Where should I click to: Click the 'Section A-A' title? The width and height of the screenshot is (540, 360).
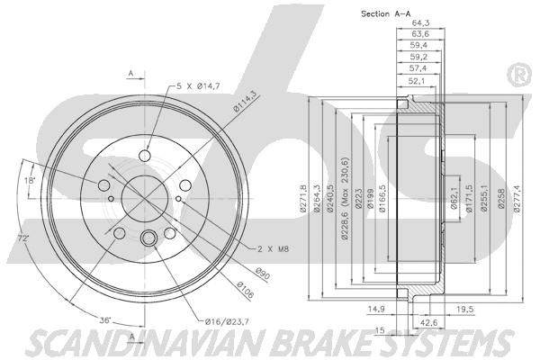pos(386,13)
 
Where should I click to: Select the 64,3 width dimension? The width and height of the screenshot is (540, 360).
pos(420,23)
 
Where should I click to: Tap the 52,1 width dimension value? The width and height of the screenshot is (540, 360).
pos(417,81)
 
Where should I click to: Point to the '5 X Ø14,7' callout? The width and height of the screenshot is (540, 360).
pos(198,86)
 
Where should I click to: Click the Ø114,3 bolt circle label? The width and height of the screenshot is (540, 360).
pos(246,103)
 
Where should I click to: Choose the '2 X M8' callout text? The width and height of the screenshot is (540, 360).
pos(273,248)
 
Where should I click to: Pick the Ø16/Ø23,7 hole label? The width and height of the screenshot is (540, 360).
pos(227,322)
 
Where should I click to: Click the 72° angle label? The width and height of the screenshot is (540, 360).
pos(23,238)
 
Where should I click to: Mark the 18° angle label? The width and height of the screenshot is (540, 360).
pos(30,179)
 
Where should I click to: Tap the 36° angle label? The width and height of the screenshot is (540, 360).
pos(105,320)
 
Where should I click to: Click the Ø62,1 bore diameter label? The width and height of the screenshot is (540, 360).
pos(454,198)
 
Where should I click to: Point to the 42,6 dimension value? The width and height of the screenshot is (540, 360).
pos(429,322)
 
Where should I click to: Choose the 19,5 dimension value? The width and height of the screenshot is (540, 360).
pos(465,310)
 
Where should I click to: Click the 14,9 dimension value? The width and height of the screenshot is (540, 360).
pos(376,309)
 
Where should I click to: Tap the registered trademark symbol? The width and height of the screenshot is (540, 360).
pos(520,76)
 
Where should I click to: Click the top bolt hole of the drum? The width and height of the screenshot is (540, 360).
pos(145,156)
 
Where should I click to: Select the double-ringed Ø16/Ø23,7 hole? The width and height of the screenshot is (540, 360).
pos(148,238)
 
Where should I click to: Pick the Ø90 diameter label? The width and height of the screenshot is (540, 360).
pos(263,274)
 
